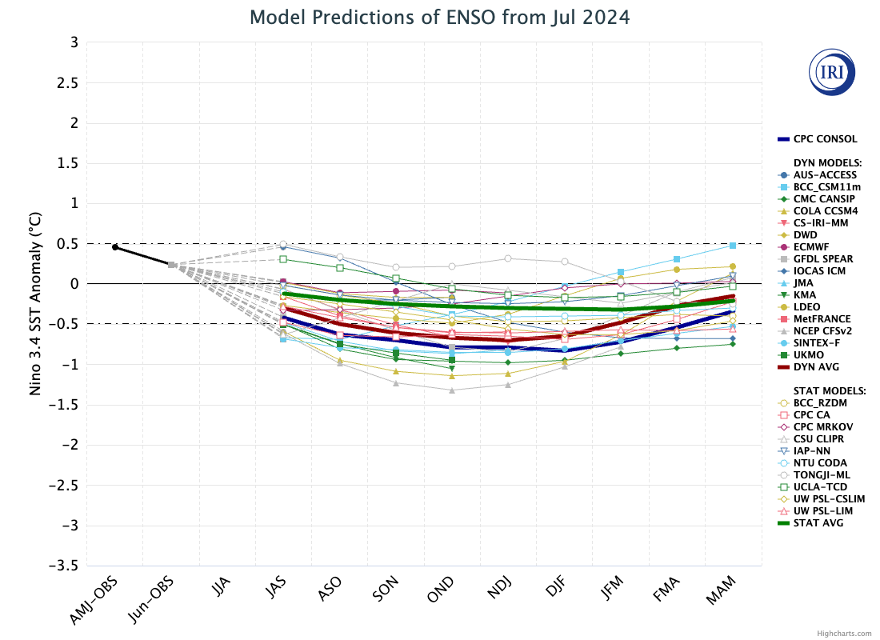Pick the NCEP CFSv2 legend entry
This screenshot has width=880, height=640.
click(x=823, y=330)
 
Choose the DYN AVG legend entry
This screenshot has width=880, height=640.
click(x=815, y=367)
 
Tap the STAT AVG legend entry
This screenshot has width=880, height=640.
click(x=817, y=523)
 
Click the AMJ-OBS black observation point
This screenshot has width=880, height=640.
click(x=115, y=247)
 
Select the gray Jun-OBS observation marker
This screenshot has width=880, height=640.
click(x=171, y=264)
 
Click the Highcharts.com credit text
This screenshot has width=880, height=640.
click(x=845, y=633)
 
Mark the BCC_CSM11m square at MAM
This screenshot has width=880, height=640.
click(x=733, y=246)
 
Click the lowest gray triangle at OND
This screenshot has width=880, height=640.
click(x=452, y=390)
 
